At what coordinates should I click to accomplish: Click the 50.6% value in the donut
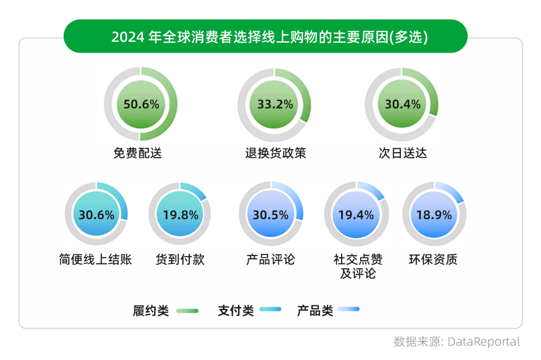tap(141, 104)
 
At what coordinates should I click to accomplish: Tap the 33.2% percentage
tap(275, 104)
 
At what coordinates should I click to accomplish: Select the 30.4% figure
tap(402, 104)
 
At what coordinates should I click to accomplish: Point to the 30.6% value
tap(96, 215)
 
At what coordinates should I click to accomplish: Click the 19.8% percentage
tap(180, 215)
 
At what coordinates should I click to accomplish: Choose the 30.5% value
tap(270, 215)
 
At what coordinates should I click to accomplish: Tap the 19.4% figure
tap(356, 215)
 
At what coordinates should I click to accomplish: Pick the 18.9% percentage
tap(434, 215)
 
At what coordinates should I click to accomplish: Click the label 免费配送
tap(138, 153)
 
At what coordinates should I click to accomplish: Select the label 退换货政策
tap(275, 153)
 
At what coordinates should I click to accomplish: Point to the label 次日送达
tap(403, 153)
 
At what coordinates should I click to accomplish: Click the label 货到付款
tap(180, 259)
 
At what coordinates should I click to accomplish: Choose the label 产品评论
tap(270, 259)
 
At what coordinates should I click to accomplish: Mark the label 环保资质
tap(433, 259)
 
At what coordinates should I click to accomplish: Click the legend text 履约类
tap(151, 310)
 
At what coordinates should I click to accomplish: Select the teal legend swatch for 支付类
tap(270, 310)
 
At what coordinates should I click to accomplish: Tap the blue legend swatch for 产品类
tap(349, 310)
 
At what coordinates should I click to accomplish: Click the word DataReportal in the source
tap(484, 342)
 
